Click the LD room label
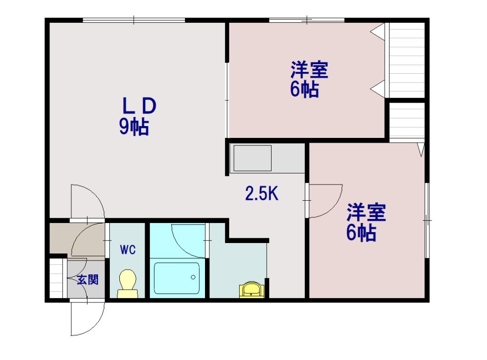(x=139, y=106)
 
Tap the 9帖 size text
(x=134, y=126)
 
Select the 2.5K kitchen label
(x=262, y=193)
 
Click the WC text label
(x=128, y=249)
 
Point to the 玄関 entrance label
(x=88, y=280)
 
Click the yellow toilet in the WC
(x=127, y=283)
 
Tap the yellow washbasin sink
(x=252, y=290)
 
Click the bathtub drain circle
(x=193, y=277)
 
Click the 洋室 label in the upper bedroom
(x=309, y=70)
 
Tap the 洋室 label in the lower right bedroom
(x=367, y=213)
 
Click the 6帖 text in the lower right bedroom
(x=361, y=233)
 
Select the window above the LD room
(x=134, y=20)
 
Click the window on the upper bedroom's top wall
(x=307, y=20)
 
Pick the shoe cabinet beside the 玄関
(x=56, y=278)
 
